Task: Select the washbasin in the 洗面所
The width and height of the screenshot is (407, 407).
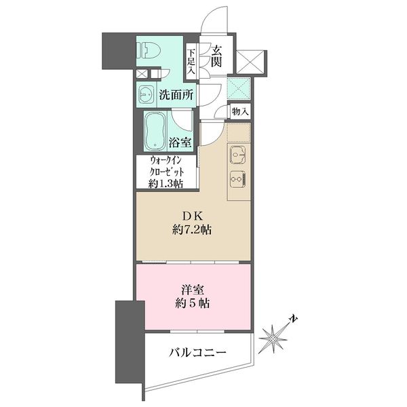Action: [147, 94]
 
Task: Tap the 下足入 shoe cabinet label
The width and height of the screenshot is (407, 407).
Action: [192, 60]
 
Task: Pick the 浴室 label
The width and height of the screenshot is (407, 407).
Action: [180, 143]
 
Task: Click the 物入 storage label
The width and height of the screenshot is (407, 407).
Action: [239, 111]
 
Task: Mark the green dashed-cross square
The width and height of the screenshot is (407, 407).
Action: [238, 88]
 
